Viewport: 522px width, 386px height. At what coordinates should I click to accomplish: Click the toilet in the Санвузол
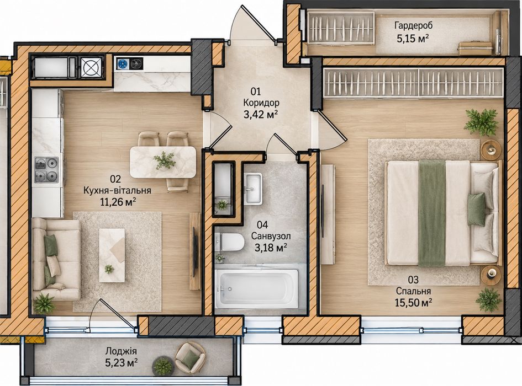coord(229,242)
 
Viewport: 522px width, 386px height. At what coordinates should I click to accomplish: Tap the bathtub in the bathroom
coord(257,288)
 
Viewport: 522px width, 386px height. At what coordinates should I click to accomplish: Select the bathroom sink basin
coord(253,188)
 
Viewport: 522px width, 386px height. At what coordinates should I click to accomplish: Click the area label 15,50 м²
coord(414,302)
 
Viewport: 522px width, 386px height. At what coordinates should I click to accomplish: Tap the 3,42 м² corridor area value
coord(261,115)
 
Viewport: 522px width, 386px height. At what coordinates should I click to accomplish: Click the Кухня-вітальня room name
coord(117,190)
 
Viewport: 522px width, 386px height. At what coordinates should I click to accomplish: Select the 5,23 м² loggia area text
coord(122,363)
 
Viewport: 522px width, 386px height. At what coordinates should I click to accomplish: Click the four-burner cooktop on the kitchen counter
coord(46,169)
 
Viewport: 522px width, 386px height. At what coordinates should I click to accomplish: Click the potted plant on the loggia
coord(163,366)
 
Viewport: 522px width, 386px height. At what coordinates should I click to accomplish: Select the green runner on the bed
coord(432,213)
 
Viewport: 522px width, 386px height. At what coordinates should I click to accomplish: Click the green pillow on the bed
coord(477,210)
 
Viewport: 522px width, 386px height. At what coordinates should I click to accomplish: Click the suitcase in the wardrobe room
coord(475,48)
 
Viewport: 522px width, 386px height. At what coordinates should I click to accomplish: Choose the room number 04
coord(262,225)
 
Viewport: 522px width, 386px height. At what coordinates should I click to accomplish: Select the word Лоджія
coord(121,351)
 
